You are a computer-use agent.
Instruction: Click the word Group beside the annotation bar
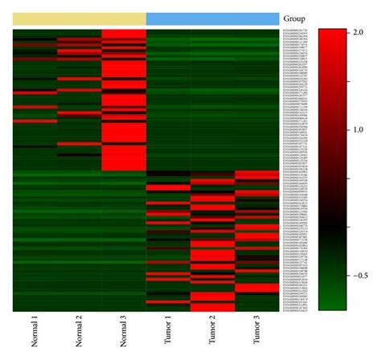pos(293,18)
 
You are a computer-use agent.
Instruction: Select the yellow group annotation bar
pos(80,18)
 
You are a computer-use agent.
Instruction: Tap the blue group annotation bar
pos(212,18)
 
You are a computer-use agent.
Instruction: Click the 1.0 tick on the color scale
pos(360,129)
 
